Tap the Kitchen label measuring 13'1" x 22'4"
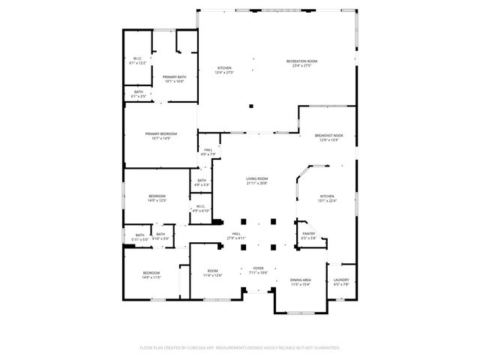(328, 197)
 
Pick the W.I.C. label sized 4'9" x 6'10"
(201, 208)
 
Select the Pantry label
(309, 235)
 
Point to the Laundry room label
(340, 282)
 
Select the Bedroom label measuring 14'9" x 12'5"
(157, 198)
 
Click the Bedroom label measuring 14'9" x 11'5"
(151, 274)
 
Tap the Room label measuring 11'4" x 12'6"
(213, 273)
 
